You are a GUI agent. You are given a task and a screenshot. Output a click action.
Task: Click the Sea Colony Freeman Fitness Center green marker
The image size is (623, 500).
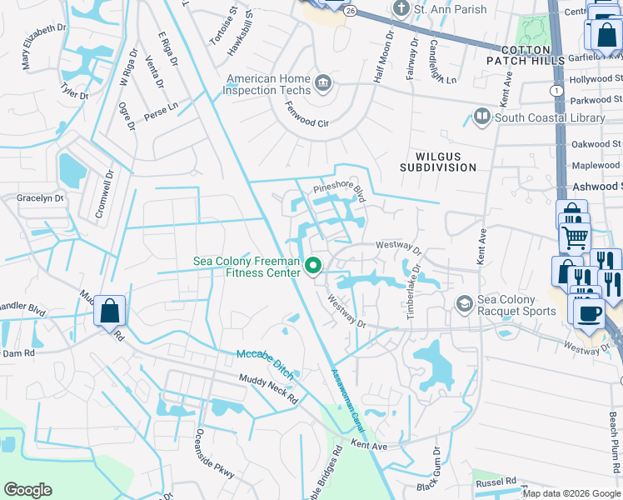[314, 267]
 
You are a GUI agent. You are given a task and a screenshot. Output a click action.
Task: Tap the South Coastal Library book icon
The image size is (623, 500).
[481, 117]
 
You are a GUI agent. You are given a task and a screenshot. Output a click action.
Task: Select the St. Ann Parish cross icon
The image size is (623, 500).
[401, 9]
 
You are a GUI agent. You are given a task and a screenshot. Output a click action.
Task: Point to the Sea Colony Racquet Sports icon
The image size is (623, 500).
[463, 305]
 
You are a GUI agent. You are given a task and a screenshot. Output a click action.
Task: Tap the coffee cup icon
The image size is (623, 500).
[590, 312]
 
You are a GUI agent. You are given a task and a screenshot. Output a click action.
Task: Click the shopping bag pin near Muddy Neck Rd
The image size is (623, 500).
[110, 312]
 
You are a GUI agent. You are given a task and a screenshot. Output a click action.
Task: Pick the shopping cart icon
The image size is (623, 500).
[575, 237]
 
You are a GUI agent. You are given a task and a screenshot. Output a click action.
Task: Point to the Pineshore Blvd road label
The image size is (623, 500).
[340, 193]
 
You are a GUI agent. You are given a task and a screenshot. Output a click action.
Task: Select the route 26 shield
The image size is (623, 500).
[352, 10]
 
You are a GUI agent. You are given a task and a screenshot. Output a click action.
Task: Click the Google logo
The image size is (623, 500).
[28, 490]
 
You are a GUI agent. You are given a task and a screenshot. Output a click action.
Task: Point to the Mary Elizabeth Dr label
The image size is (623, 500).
[43, 47]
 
